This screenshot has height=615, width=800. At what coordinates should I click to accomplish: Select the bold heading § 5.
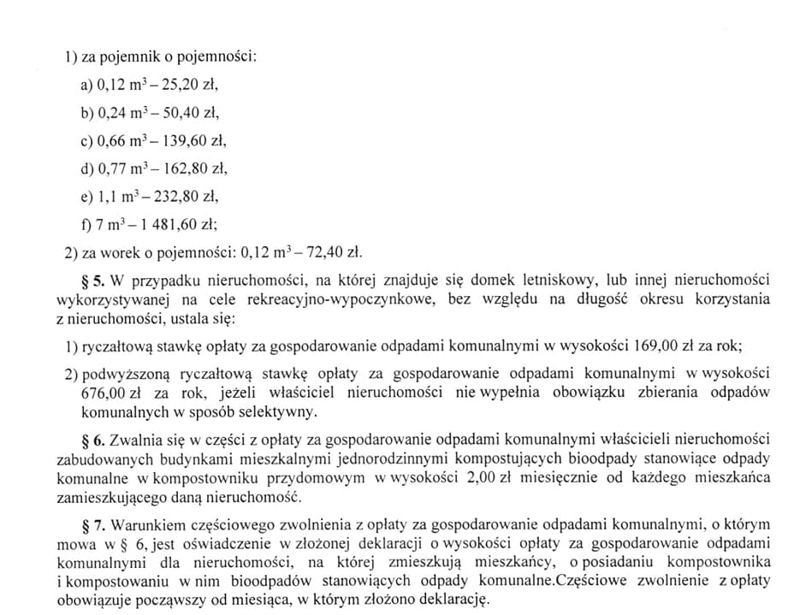pos(95,280)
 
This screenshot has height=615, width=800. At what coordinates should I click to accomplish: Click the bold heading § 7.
pos(95,524)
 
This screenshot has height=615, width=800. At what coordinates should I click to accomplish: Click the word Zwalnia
pos(135,440)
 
